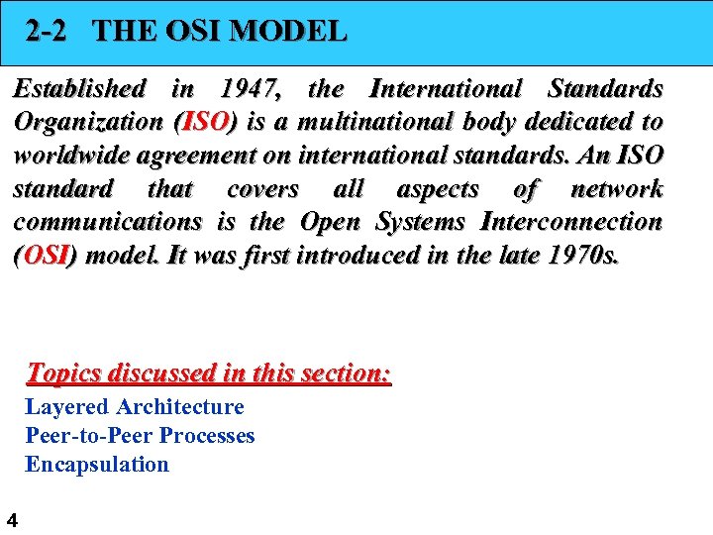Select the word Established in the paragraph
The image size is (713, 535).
pos(79,89)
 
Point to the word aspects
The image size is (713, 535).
pos(438,189)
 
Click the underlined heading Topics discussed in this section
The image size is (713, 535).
pos(209,374)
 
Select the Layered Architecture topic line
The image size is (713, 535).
pos(134,407)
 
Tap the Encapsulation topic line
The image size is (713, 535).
pos(97,465)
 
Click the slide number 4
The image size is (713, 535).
pos(11,519)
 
